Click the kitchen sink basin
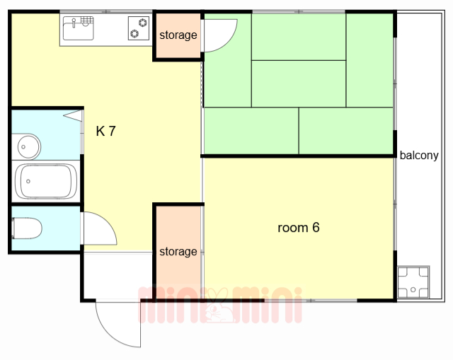point(78,30)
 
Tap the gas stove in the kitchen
point(138,28)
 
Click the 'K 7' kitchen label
point(105,131)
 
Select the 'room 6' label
point(298,228)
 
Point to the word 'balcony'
point(419,156)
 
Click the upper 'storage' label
point(178,35)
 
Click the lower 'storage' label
point(178,252)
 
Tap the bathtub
point(45,181)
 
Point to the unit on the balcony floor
point(413,281)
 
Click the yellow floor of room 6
point(297,262)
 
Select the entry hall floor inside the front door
point(117,276)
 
